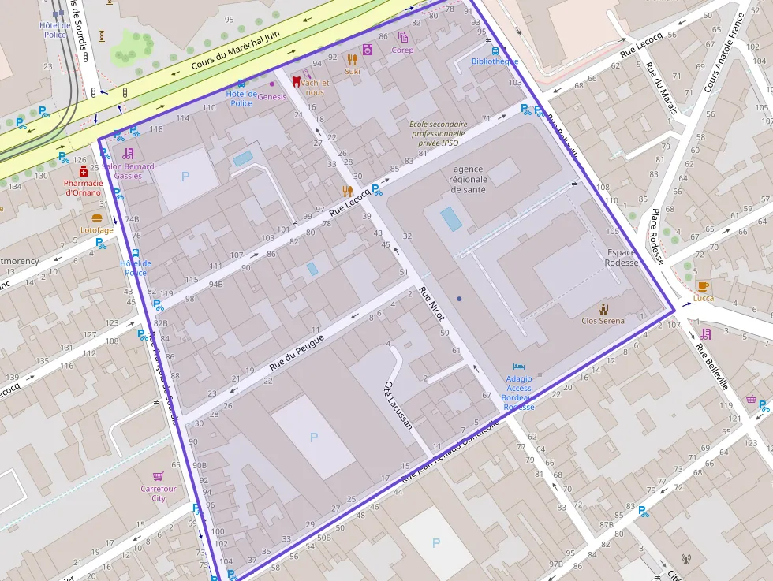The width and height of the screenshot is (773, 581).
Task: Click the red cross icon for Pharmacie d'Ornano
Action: (x=84, y=171)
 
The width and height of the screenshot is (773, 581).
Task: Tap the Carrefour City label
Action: (x=159, y=493)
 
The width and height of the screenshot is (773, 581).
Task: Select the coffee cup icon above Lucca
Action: (x=702, y=285)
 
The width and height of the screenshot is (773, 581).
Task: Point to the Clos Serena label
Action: (x=603, y=321)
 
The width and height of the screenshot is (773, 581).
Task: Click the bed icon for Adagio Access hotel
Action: (x=518, y=367)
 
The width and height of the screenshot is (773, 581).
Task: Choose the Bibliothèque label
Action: (x=495, y=61)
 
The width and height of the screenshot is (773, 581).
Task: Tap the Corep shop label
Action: (x=402, y=50)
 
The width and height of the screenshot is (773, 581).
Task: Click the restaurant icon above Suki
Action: (x=352, y=58)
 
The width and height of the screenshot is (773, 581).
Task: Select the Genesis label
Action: (x=272, y=96)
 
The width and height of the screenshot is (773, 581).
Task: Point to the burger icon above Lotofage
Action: (x=97, y=218)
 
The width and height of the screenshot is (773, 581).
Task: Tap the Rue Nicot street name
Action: (x=432, y=304)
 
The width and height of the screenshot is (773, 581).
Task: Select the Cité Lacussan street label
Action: (x=398, y=404)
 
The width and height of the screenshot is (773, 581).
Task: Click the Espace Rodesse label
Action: (x=622, y=258)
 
